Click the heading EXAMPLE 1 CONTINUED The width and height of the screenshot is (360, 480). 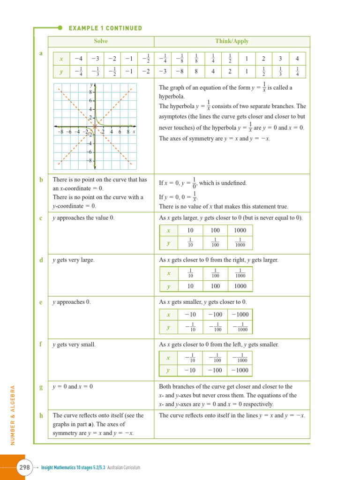click(105, 28)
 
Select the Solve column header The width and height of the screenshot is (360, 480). click(101, 41)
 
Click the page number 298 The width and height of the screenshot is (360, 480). click(24, 467)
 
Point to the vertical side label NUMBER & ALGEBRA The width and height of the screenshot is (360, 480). click(13, 415)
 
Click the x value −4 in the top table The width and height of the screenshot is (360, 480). click(78, 59)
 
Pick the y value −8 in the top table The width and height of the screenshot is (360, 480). click(179, 72)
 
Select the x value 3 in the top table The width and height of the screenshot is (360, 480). click(280, 59)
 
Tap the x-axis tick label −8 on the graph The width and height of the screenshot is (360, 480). click(60, 132)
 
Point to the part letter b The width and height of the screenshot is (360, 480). click(41, 180)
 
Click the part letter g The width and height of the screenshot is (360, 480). click(41, 387)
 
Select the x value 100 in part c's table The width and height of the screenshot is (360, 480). click(215, 230)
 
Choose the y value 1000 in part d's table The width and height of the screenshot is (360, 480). click(240, 286)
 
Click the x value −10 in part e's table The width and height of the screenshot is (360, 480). click(190, 314)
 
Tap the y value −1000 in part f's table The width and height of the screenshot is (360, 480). click(240, 370)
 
